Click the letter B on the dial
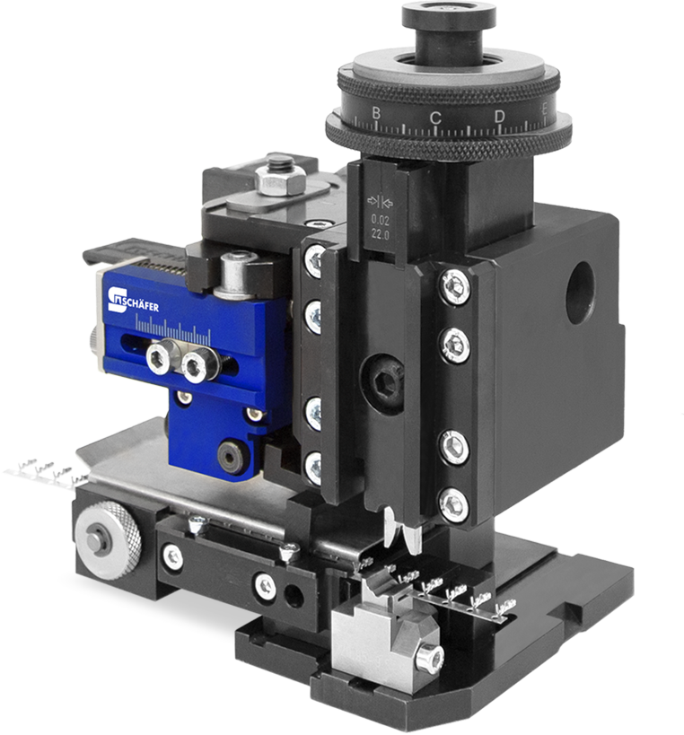376,113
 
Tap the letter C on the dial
435,118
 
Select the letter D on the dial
500,117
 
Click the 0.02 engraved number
381,219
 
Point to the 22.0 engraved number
381,234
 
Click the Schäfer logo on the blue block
133,301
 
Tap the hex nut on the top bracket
280,179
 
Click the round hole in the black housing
580,293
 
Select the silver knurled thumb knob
108,540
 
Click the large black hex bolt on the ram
383,384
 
